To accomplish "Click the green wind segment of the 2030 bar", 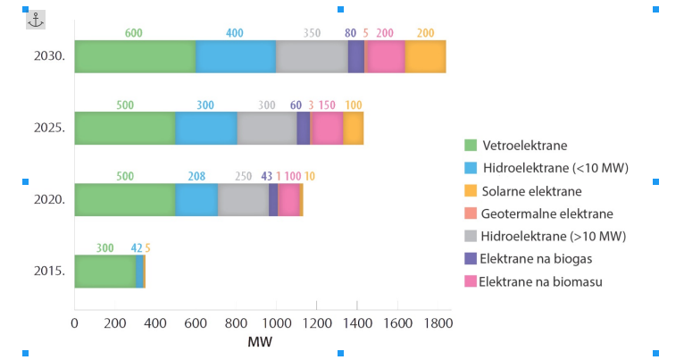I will (x=135, y=56).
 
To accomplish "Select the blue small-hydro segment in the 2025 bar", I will (x=206, y=128).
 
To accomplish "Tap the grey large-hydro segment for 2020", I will (x=243, y=199).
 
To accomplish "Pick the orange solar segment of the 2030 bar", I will (x=425, y=56).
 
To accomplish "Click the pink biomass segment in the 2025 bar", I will (x=326, y=128).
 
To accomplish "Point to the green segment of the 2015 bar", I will (x=104, y=271).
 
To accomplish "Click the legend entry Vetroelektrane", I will (x=524, y=145).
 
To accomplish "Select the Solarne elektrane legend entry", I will (x=530, y=191).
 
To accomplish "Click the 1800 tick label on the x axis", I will (x=437, y=323).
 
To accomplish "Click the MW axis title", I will (x=261, y=343).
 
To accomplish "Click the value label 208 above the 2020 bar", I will (x=196, y=176).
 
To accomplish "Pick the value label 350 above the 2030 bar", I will (x=312, y=33).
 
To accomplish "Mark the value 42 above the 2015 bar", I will (x=137, y=247).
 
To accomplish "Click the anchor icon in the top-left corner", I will (x=35, y=19).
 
